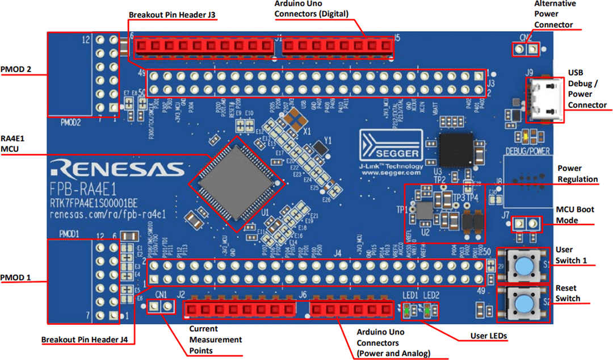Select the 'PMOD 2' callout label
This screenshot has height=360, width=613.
click(16, 70)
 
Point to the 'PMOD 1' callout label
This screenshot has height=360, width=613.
click(16, 278)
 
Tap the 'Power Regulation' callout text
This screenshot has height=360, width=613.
click(577, 174)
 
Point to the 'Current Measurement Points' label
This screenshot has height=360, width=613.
click(215, 340)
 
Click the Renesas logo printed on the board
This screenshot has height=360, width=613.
click(116, 169)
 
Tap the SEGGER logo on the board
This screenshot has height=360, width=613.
click(391, 146)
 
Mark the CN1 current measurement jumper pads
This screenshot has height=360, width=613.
click(160, 307)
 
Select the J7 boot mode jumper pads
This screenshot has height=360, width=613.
click(525, 224)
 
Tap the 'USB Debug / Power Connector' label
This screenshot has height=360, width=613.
click(587, 89)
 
